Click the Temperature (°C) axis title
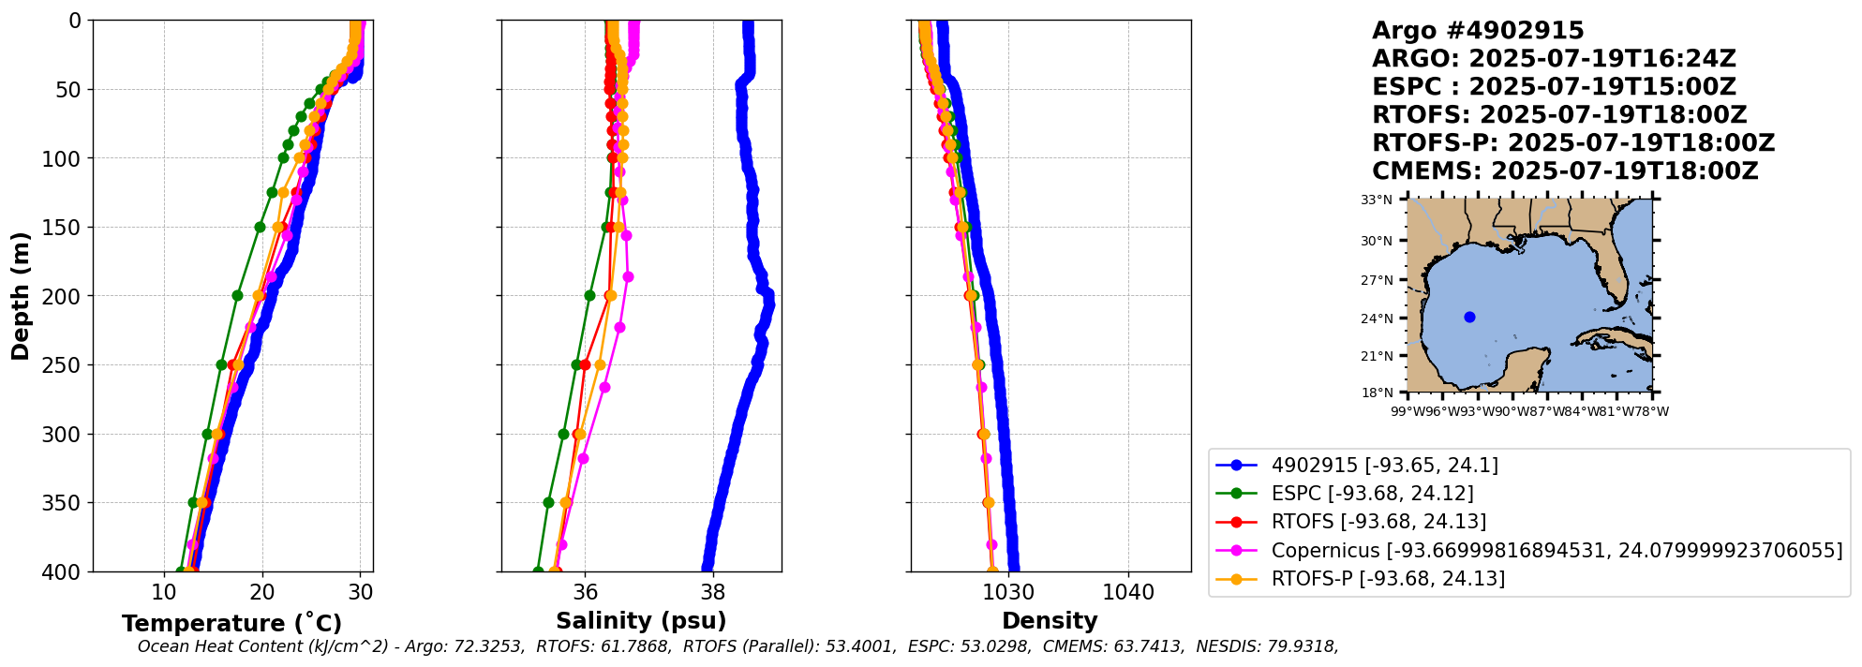231,623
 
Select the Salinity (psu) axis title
641,620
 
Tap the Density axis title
1050,620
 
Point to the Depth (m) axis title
21,296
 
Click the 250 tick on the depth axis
64,365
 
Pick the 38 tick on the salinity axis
713,592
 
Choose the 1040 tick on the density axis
1128,592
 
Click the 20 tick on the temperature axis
262,592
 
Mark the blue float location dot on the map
1469,317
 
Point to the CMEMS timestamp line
1565,171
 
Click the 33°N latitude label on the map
1377,200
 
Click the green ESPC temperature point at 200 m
237,295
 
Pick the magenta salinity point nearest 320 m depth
583,458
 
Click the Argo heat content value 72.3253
493,646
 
